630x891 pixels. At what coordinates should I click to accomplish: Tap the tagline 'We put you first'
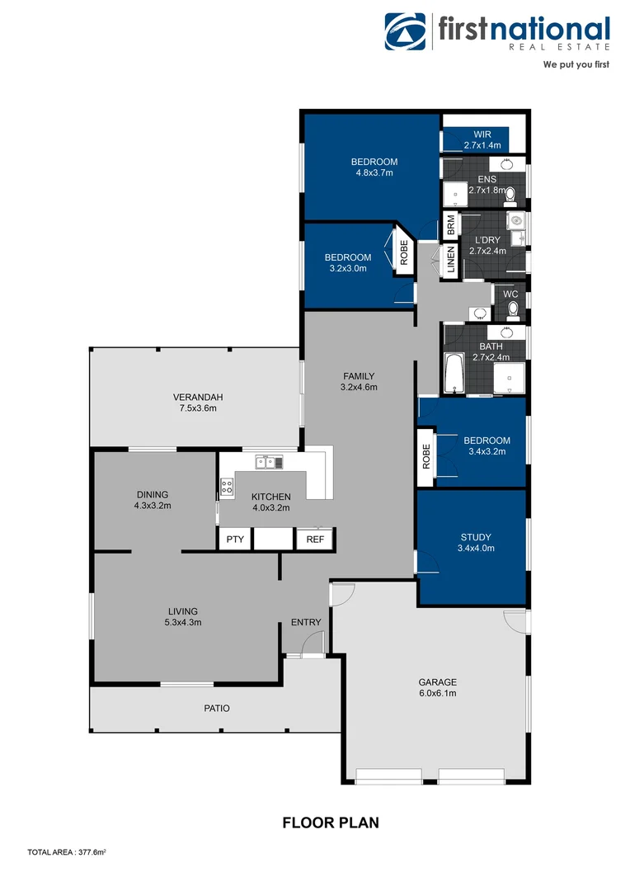(576, 64)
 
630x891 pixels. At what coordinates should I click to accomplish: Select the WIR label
(482, 134)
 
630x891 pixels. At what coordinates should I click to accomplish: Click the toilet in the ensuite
(510, 195)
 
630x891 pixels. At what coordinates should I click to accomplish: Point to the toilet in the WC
(512, 309)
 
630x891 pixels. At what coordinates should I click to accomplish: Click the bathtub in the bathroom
(454, 374)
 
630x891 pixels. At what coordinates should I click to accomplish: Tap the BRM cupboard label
(450, 224)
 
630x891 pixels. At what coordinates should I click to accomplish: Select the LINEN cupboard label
(450, 260)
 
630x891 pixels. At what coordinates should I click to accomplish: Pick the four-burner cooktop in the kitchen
(226, 486)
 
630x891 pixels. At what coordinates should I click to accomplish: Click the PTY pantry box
(235, 540)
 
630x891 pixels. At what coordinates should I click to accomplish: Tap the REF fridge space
(315, 540)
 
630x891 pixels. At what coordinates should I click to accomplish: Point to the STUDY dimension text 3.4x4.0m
(476, 548)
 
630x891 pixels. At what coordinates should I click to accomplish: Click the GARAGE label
(437, 682)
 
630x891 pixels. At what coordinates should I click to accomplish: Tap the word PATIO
(217, 708)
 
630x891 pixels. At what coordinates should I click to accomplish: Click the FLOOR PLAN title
(331, 823)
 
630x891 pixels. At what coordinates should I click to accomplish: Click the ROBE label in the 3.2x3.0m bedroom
(404, 252)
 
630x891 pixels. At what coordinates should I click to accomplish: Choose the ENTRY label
(305, 622)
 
